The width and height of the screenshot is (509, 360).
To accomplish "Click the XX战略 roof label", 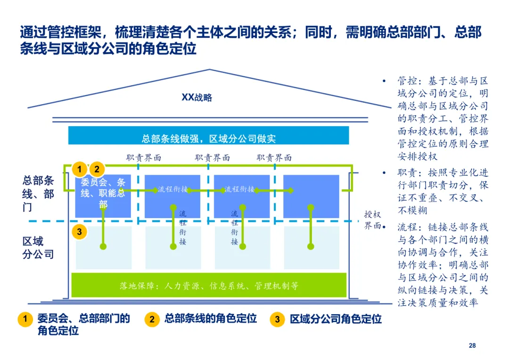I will (x=197, y=98).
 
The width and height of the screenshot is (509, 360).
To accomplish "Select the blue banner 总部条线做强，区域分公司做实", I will (x=208, y=139).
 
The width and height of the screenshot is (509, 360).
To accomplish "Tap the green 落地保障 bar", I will (x=208, y=286).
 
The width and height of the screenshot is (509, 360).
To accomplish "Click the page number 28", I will (x=472, y=346).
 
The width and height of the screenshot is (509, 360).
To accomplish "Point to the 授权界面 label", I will (x=372, y=220).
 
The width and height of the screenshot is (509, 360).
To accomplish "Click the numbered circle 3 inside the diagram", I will (x=80, y=231).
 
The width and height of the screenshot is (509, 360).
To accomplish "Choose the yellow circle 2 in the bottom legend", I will (x=152, y=319).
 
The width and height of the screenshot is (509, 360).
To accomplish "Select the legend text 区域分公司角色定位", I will (x=336, y=319).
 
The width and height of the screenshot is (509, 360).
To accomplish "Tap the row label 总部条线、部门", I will (x=38, y=194).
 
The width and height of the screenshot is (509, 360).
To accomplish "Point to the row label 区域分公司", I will (x=38, y=248).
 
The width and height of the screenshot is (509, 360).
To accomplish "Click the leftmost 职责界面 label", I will (x=144, y=158).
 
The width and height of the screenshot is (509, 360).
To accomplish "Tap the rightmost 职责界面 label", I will (x=274, y=158).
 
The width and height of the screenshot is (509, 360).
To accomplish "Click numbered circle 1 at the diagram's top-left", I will (x=80, y=169).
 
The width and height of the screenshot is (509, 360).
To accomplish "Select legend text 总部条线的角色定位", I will (x=210, y=319).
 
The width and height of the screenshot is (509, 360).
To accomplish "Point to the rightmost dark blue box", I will (x=311, y=196).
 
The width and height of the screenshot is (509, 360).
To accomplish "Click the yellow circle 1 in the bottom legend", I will (x=25, y=319).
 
